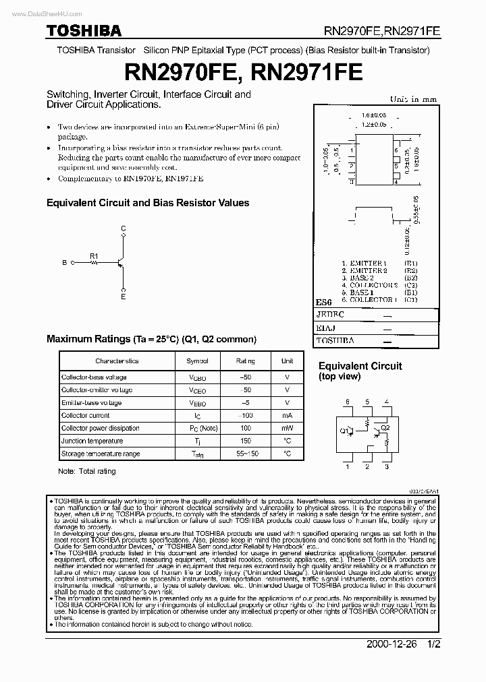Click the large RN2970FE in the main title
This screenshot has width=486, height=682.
(181, 71)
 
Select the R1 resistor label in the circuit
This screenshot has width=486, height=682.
(94, 256)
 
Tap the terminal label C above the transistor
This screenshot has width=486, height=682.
(123, 229)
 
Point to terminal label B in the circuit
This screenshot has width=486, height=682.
(65, 263)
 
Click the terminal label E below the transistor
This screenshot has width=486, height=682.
(123, 297)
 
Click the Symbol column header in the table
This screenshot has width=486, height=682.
(197, 361)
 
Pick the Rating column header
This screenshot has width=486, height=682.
(245, 361)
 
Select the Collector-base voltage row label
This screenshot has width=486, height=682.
(94, 377)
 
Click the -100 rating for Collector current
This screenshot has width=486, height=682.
(245, 416)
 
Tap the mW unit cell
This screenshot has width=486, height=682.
(287, 429)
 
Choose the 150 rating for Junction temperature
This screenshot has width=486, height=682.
(245, 441)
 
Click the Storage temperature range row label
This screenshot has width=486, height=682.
(101, 454)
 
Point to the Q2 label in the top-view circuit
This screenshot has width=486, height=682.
(385, 427)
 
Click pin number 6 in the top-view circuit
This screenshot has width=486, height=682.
(348, 402)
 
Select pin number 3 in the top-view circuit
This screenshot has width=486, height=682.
(387, 466)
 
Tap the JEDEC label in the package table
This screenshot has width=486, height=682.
(330, 315)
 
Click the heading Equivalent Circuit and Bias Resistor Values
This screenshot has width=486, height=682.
(147, 202)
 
